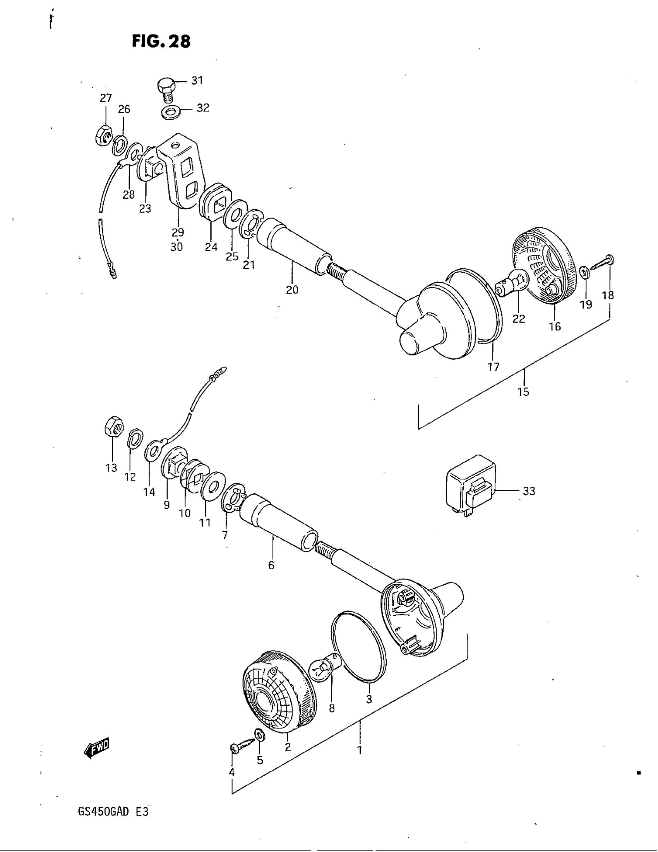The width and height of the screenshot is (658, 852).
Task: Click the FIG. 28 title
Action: pos(161,41)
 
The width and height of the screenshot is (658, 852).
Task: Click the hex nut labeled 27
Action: pos(104,136)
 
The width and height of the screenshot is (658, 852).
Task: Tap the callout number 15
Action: pos(523,392)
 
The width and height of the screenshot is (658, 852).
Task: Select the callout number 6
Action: pos(271,565)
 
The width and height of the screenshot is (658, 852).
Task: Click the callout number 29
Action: pos(178,232)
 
